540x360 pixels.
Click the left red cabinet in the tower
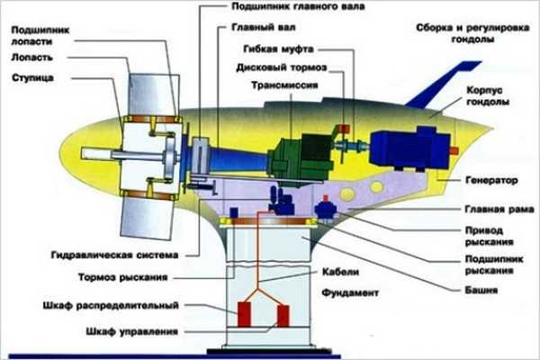[244, 316]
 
